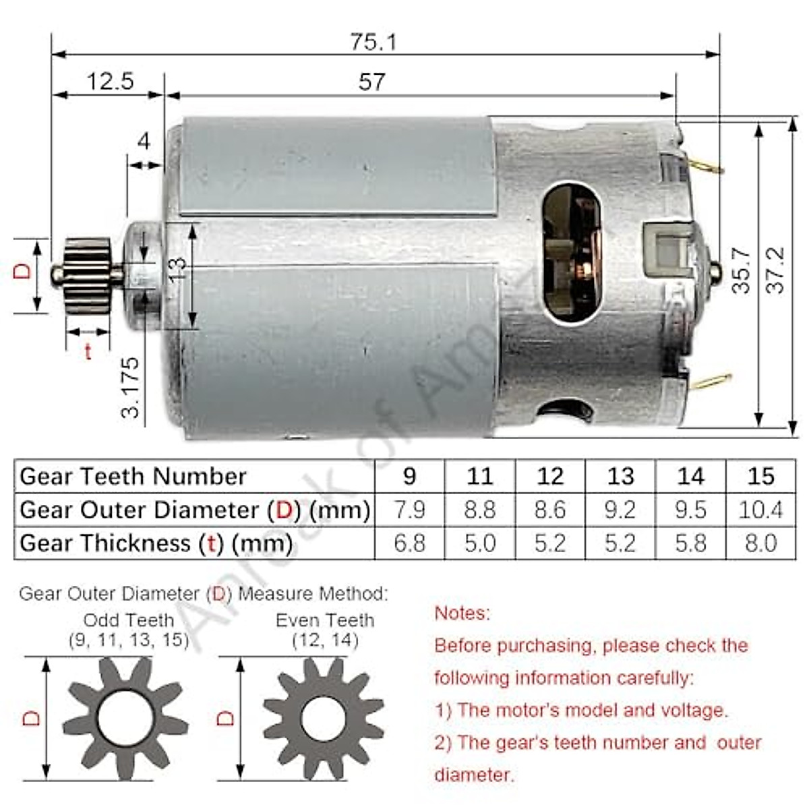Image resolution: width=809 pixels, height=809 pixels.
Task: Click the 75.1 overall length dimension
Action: (373, 42)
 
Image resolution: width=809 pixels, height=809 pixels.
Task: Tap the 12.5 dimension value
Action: (110, 82)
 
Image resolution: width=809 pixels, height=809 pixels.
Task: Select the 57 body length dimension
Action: (371, 82)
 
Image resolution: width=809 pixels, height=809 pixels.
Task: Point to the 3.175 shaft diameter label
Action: (131, 387)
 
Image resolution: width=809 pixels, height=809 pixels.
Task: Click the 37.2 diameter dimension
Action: (776, 270)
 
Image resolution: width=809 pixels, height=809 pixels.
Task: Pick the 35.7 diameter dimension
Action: (742, 270)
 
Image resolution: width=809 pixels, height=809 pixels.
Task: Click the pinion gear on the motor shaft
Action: (87, 276)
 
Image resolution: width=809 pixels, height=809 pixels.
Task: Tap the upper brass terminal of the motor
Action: (705, 166)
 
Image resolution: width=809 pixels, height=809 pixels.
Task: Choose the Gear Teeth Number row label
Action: (133, 477)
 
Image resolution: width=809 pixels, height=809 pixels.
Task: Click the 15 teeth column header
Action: (760, 477)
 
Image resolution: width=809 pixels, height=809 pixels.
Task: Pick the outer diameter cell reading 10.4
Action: (760, 510)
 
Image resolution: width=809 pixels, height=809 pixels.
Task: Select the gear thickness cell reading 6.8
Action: (409, 543)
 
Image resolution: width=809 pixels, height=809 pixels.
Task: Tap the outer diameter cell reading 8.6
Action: (549, 510)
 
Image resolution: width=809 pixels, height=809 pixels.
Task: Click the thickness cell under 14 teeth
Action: (690, 543)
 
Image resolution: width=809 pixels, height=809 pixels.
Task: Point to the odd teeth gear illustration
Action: (125, 719)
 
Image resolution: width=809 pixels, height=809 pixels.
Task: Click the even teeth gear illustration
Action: (324, 719)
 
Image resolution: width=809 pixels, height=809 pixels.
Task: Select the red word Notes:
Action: (462, 613)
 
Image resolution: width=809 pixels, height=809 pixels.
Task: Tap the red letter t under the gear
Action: (88, 351)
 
